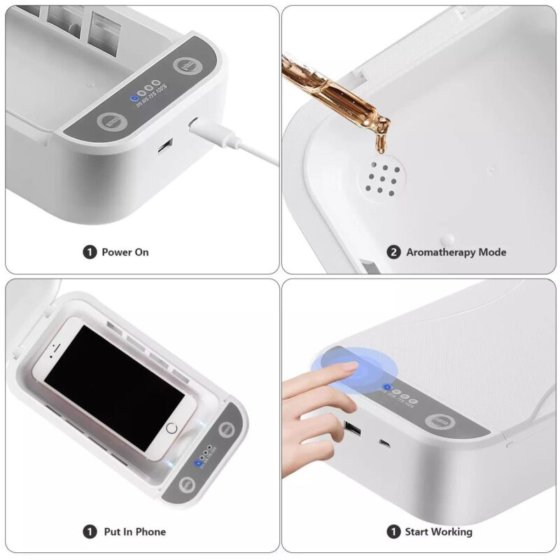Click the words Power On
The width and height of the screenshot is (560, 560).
(x=125, y=252)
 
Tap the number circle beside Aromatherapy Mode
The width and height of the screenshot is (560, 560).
(x=394, y=252)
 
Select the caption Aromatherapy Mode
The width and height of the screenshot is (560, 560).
(x=456, y=252)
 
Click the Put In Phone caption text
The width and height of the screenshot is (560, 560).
(x=134, y=532)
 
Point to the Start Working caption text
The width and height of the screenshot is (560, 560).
(x=438, y=532)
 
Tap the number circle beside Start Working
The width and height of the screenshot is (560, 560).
(x=394, y=532)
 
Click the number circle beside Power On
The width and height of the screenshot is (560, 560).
(x=90, y=252)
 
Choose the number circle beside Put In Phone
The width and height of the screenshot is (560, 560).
(x=90, y=532)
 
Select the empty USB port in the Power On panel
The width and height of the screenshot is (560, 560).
(x=165, y=147)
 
